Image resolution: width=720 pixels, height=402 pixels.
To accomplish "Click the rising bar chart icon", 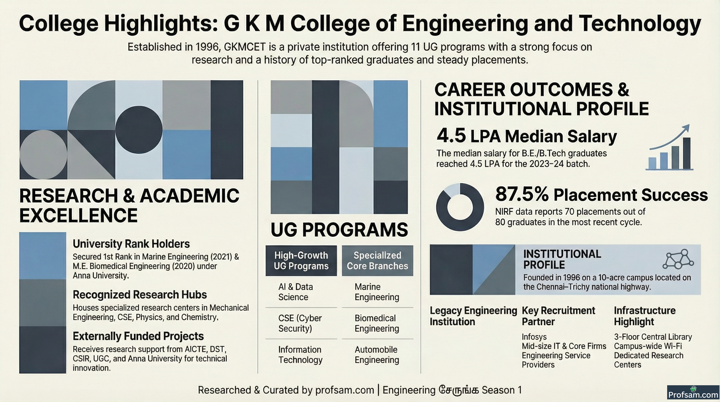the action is [669, 147].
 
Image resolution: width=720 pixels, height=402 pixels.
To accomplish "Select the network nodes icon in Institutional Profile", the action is [678, 259].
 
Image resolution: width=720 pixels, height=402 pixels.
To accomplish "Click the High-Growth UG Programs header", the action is [301, 261].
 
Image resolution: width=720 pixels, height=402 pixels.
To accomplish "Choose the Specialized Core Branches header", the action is [377, 261].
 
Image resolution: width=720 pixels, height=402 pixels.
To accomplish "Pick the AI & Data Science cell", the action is [295, 292].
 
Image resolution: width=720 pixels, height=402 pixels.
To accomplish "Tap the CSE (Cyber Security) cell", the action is [300, 323].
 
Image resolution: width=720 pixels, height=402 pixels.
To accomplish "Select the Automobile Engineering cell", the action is [377, 354].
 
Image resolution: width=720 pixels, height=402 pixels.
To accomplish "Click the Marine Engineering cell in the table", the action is [377, 292].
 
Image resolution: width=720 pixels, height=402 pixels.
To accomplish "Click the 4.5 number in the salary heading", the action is [451, 135].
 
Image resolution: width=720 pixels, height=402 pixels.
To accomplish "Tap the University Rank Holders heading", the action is [131, 244].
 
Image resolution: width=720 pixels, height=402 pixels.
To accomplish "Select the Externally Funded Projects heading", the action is [138, 336].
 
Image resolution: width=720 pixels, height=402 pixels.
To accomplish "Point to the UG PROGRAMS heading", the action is [339, 230].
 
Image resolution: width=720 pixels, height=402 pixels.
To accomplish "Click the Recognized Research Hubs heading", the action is [140, 295].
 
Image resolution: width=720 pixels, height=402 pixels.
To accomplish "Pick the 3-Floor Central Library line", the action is [653, 337].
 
